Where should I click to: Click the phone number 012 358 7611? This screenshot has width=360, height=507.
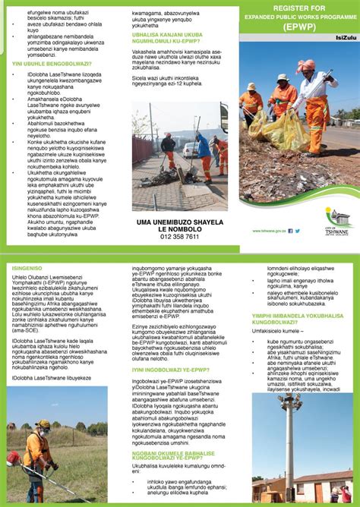(x=180, y=237)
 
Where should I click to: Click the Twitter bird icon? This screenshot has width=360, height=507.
(x=297, y=230)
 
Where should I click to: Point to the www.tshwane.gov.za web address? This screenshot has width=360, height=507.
(x=269, y=230)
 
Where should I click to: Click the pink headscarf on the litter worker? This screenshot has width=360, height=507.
(x=310, y=66)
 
